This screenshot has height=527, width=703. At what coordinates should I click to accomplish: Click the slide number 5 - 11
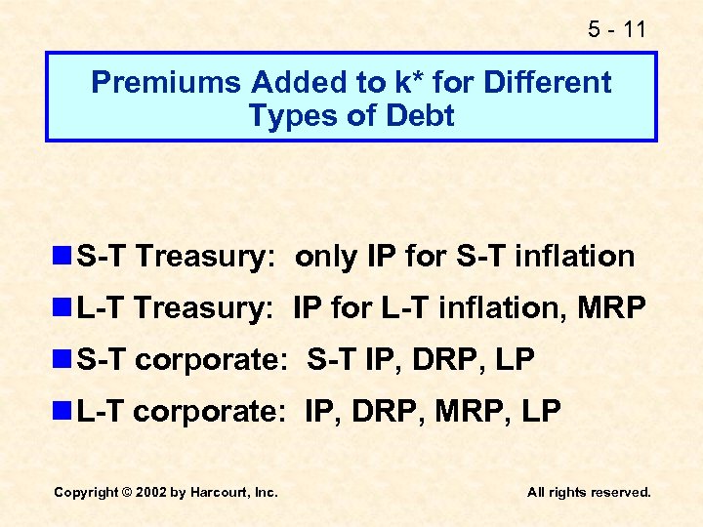pyautogui.click(x=617, y=29)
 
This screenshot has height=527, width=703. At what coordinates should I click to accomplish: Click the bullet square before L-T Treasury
pyautogui.click(x=63, y=308)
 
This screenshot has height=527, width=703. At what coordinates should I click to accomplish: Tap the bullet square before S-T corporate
pyautogui.click(x=63, y=360)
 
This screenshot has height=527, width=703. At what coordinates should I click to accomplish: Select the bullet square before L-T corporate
pyautogui.click(x=63, y=412)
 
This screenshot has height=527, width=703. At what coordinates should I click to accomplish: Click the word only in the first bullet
pyautogui.click(x=326, y=257)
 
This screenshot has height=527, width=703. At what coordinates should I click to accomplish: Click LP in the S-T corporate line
pyautogui.click(x=515, y=360)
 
